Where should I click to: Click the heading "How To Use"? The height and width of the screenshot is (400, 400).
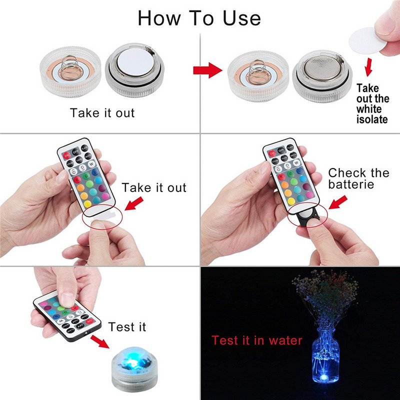click(x=199, y=18)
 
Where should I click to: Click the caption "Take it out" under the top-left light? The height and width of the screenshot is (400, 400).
click(x=102, y=112)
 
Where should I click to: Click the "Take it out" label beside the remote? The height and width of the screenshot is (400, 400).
click(x=154, y=188)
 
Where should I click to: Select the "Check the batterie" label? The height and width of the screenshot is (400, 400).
click(x=358, y=179)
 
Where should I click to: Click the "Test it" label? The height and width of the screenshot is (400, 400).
click(x=127, y=327)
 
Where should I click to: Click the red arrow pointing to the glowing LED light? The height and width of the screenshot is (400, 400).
click(x=100, y=342)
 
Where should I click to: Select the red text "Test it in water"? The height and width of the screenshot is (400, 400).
click(x=257, y=341)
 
